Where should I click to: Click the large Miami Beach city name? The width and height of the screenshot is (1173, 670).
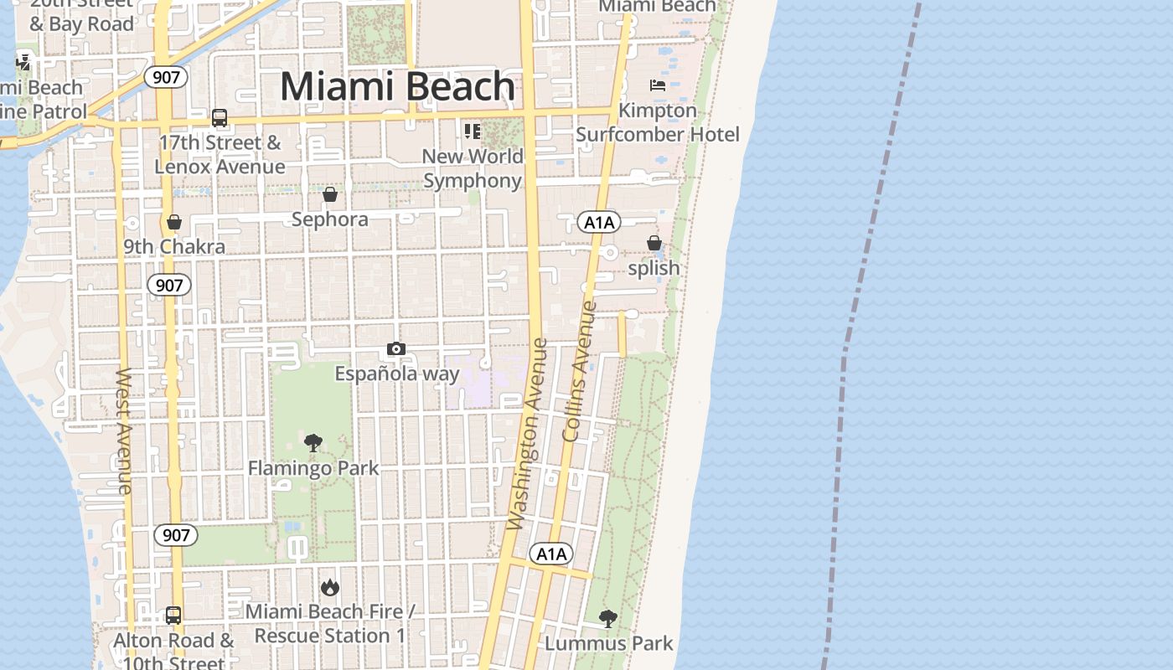click(397, 86)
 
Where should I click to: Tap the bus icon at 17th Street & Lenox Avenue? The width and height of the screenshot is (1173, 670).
click(220, 118)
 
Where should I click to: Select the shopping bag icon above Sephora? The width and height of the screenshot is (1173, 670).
click(330, 194)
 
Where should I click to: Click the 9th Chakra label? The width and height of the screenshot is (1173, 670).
click(174, 246)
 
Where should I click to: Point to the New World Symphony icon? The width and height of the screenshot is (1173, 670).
click(473, 131)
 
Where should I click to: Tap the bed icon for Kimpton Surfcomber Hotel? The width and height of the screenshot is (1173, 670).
click(658, 85)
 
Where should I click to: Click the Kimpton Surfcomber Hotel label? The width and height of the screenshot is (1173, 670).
click(658, 122)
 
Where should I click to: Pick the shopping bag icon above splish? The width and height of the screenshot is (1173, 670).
click(654, 243)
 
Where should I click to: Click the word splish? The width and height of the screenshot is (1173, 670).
click(654, 268)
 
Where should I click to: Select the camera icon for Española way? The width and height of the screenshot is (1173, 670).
click(396, 348)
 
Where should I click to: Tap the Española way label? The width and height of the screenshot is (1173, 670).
click(397, 374)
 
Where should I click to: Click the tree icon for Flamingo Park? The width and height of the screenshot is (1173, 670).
click(313, 443)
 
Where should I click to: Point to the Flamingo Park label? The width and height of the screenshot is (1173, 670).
click(313, 468)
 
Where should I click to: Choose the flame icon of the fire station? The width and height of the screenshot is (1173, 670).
click(330, 587)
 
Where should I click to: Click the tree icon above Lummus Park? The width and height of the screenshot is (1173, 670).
click(608, 619)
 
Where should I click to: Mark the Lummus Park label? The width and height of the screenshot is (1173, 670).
click(609, 643)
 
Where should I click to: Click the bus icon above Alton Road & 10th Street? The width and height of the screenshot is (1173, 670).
click(173, 616)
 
